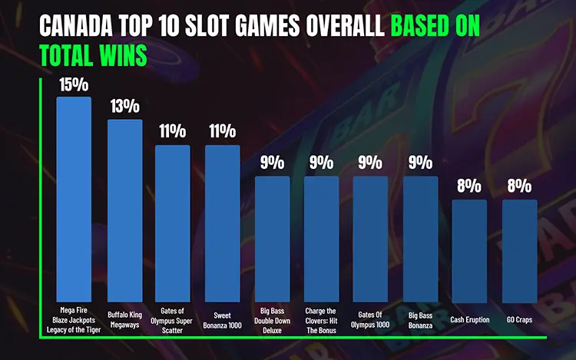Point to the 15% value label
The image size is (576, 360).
click(x=74, y=84)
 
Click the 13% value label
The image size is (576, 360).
click(x=124, y=107)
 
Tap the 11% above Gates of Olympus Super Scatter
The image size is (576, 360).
click(x=173, y=131)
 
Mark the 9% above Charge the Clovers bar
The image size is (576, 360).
click(x=321, y=163)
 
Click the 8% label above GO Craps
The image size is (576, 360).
click(x=519, y=186)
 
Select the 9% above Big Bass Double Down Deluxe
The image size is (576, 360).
click(x=272, y=163)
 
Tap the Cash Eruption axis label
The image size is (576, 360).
click(x=469, y=319)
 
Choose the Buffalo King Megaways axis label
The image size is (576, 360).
click(x=124, y=319)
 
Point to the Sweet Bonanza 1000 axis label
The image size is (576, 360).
click(x=222, y=319)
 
